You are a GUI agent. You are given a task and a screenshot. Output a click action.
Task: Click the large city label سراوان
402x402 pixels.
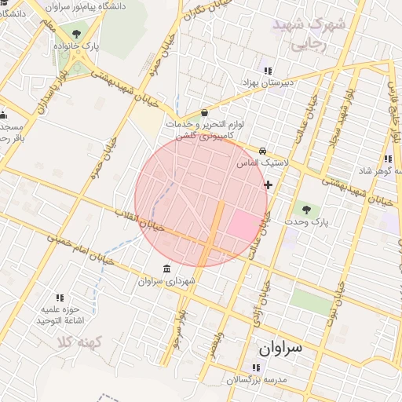280,346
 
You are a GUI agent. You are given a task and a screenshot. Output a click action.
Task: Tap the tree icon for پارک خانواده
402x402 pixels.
77,35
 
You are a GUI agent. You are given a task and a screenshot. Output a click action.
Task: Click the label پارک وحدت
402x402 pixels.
305,222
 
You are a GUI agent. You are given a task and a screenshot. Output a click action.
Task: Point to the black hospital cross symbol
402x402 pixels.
269,185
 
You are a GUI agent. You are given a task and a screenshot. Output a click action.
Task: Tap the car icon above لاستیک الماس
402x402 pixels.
262,151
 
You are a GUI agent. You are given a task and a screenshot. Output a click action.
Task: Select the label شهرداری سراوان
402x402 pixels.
166,280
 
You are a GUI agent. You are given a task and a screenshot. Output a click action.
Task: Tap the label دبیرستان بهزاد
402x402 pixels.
267,82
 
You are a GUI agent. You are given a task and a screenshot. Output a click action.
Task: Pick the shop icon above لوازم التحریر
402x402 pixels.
204,112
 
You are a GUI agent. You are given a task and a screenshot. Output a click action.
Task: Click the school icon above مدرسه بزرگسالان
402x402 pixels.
256,367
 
